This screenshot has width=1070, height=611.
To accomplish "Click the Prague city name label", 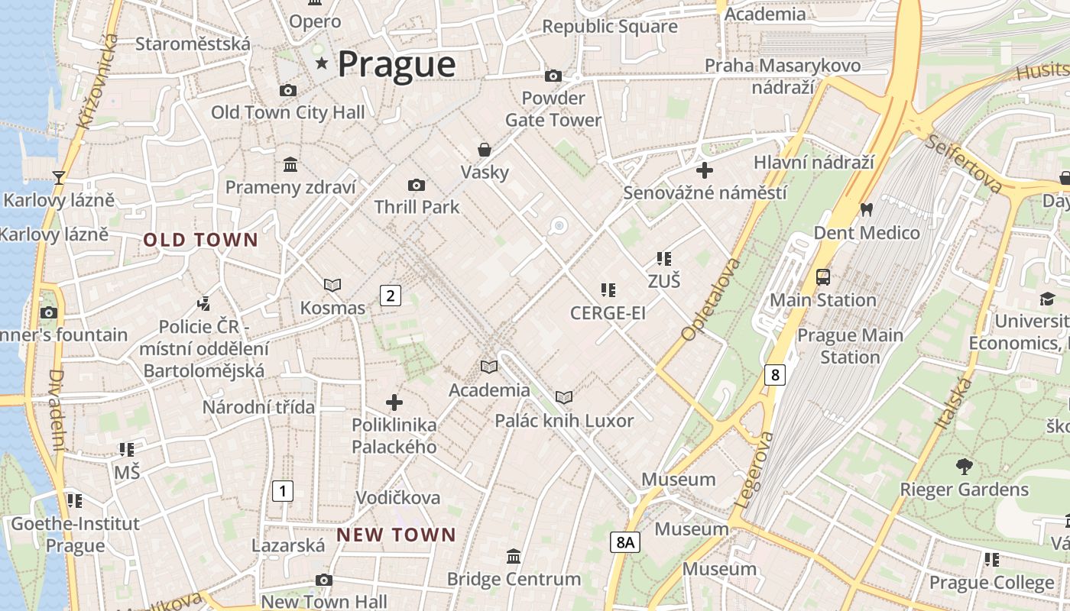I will pyautogui.click(x=396, y=64).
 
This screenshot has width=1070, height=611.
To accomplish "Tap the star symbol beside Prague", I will pyautogui.click(x=322, y=63).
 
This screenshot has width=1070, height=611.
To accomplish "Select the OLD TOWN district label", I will pyautogui.click(x=201, y=240).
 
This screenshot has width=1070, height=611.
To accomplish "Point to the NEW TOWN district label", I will pyautogui.click(x=396, y=535).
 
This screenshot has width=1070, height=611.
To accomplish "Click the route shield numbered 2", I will pyautogui.click(x=391, y=295).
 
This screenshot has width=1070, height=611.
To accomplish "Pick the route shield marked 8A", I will pyautogui.click(x=625, y=542).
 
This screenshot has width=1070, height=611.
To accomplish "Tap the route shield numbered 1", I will pyautogui.click(x=283, y=490).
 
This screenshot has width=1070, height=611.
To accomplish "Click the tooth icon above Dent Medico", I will pyautogui.click(x=866, y=209).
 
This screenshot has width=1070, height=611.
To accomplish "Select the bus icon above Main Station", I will pyautogui.click(x=823, y=277).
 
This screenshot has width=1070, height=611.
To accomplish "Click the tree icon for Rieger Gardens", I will pyautogui.click(x=965, y=466).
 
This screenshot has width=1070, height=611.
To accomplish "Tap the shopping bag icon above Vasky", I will pyautogui.click(x=484, y=149).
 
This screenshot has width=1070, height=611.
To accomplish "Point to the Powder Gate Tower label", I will pyautogui.click(x=553, y=109).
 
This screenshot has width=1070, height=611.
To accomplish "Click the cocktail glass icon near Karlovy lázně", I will pyautogui.click(x=59, y=178).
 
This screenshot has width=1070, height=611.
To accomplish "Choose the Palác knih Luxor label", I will pyautogui.click(x=564, y=421).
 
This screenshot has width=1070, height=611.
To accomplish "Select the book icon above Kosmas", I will pyautogui.click(x=332, y=285).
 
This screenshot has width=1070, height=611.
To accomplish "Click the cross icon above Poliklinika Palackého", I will pyautogui.click(x=394, y=402).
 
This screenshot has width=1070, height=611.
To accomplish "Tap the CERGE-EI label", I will pyautogui.click(x=608, y=313).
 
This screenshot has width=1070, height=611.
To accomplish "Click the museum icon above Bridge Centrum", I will pyautogui.click(x=514, y=556).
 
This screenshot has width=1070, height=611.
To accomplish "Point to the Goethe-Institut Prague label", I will pyautogui.click(x=75, y=535).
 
